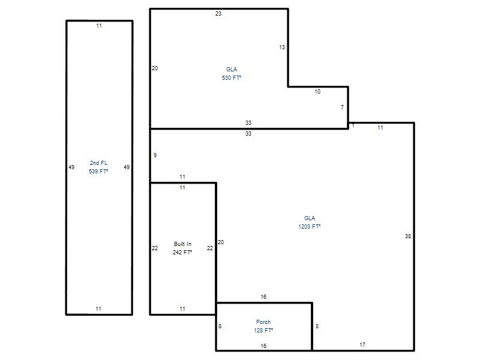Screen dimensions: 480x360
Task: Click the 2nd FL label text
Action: click(x=98, y=163)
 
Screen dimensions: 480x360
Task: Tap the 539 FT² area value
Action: click(x=98, y=171)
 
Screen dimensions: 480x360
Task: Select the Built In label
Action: click(x=182, y=244)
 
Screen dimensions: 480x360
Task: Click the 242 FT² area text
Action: click(x=182, y=252)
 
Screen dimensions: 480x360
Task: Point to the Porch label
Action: click(x=263, y=322)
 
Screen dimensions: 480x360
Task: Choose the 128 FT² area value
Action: click(x=263, y=331)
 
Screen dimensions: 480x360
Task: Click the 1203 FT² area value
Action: click(x=310, y=227)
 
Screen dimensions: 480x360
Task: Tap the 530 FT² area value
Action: click(x=232, y=78)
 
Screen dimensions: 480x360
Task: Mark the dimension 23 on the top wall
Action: click(x=218, y=13)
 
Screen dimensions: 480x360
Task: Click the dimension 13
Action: click(x=282, y=47)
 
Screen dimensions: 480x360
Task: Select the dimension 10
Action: click(x=317, y=92)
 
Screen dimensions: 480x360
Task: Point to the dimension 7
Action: click(x=342, y=107)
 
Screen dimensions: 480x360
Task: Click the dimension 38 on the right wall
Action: click(x=408, y=236)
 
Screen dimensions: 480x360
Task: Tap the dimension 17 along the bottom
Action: click(x=362, y=344)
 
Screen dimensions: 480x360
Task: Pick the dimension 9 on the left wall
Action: click(x=155, y=155)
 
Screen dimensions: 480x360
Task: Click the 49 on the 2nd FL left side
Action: click(x=71, y=167)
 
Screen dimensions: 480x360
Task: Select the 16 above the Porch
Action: click(x=263, y=296)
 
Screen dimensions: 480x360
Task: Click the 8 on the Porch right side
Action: click(x=317, y=326)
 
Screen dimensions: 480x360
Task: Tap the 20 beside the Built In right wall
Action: click(x=221, y=242)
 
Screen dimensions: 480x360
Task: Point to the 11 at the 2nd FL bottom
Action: click(x=98, y=309)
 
